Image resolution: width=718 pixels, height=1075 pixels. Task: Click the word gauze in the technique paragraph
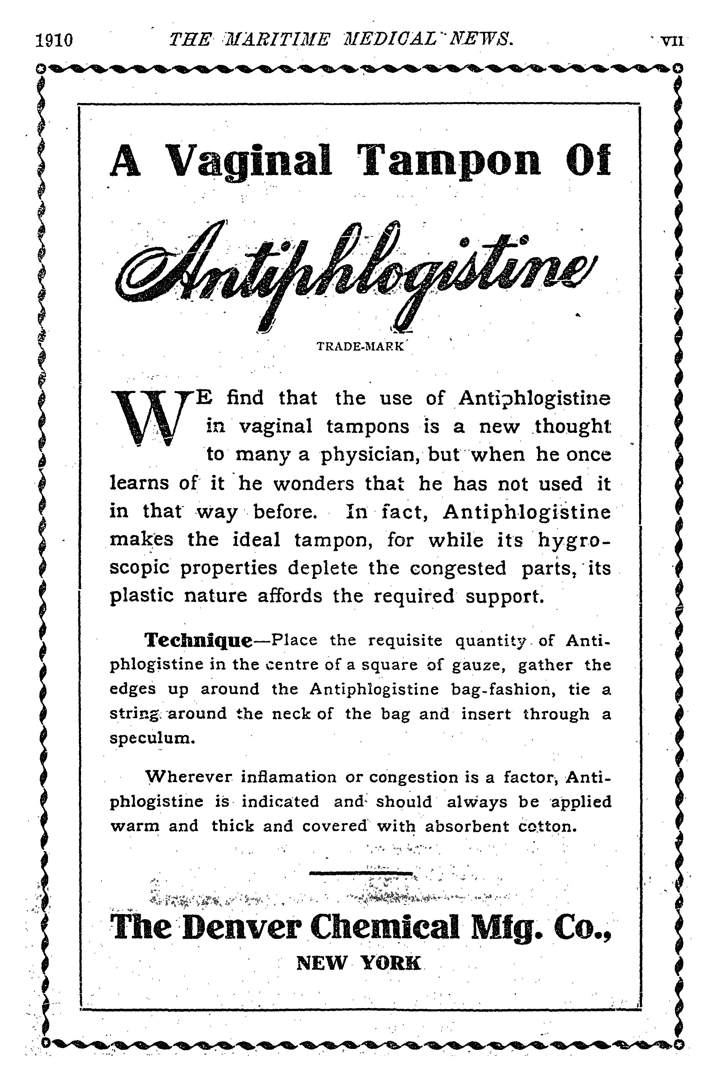[478, 665]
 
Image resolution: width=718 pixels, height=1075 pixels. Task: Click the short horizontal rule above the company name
[361, 873]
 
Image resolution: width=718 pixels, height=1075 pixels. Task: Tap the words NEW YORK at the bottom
[358, 963]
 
